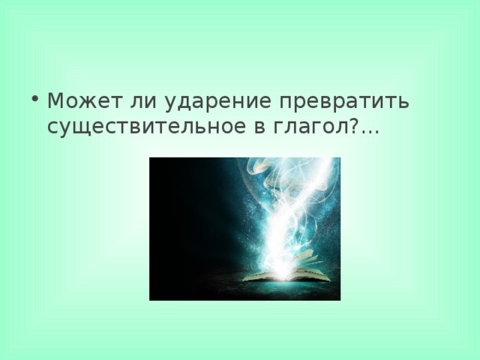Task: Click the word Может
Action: pos(78,101)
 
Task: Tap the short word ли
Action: pos(130,101)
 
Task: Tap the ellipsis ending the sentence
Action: pos(370,131)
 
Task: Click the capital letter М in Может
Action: pos(54,101)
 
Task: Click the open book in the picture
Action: pos(286,274)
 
